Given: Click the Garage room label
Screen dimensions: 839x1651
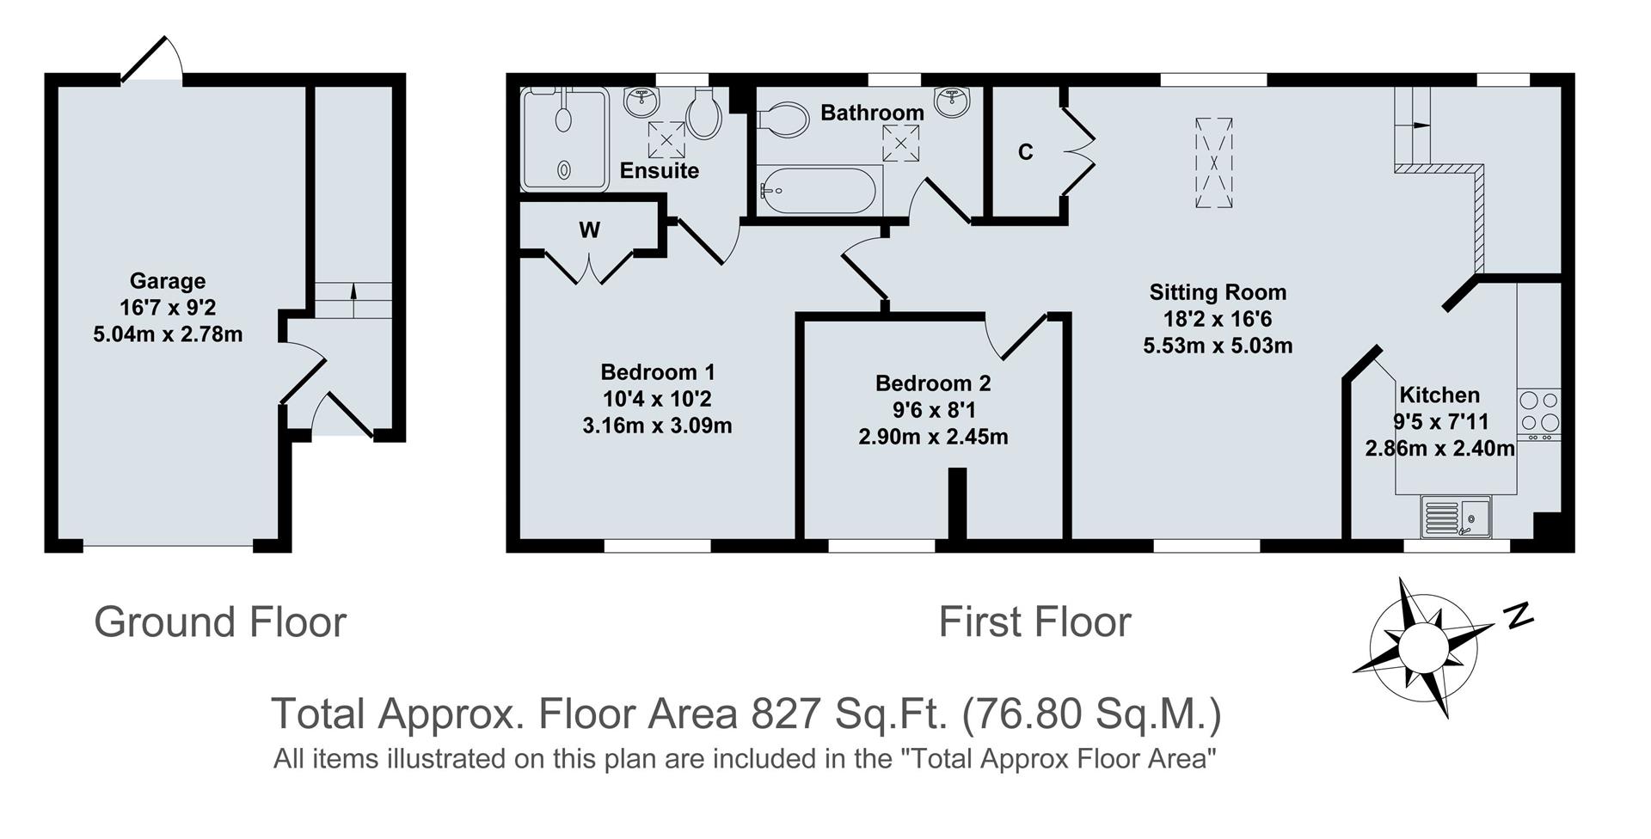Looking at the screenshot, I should (x=168, y=281).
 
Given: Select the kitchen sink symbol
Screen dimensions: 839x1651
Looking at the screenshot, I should (x=1456, y=516).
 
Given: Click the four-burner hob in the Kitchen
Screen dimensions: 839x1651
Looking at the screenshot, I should (x=1539, y=412).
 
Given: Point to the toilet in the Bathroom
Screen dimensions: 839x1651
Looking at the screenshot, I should (x=783, y=119).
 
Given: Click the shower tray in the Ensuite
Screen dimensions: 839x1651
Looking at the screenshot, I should (x=564, y=138).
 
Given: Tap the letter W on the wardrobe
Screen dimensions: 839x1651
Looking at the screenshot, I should (x=589, y=230).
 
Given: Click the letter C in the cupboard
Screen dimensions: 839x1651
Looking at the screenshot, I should (x=1025, y=152).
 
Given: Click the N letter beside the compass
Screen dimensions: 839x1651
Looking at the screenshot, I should (x=1519, y=615).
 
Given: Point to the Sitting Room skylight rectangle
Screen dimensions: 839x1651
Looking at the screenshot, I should (x=1213, y=162).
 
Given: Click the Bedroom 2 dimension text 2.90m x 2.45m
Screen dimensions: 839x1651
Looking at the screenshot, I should (x=933, y=437).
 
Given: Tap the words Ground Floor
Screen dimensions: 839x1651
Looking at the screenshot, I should (x=220, y=622).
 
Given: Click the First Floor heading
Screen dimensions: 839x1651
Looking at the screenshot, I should (x=1034, y=622).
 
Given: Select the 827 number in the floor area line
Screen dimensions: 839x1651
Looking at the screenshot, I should (x=783, y=713).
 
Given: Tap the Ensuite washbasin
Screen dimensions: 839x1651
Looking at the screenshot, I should (x=641, y=102).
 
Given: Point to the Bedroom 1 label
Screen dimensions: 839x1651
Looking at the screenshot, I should (x=658, y=372).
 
